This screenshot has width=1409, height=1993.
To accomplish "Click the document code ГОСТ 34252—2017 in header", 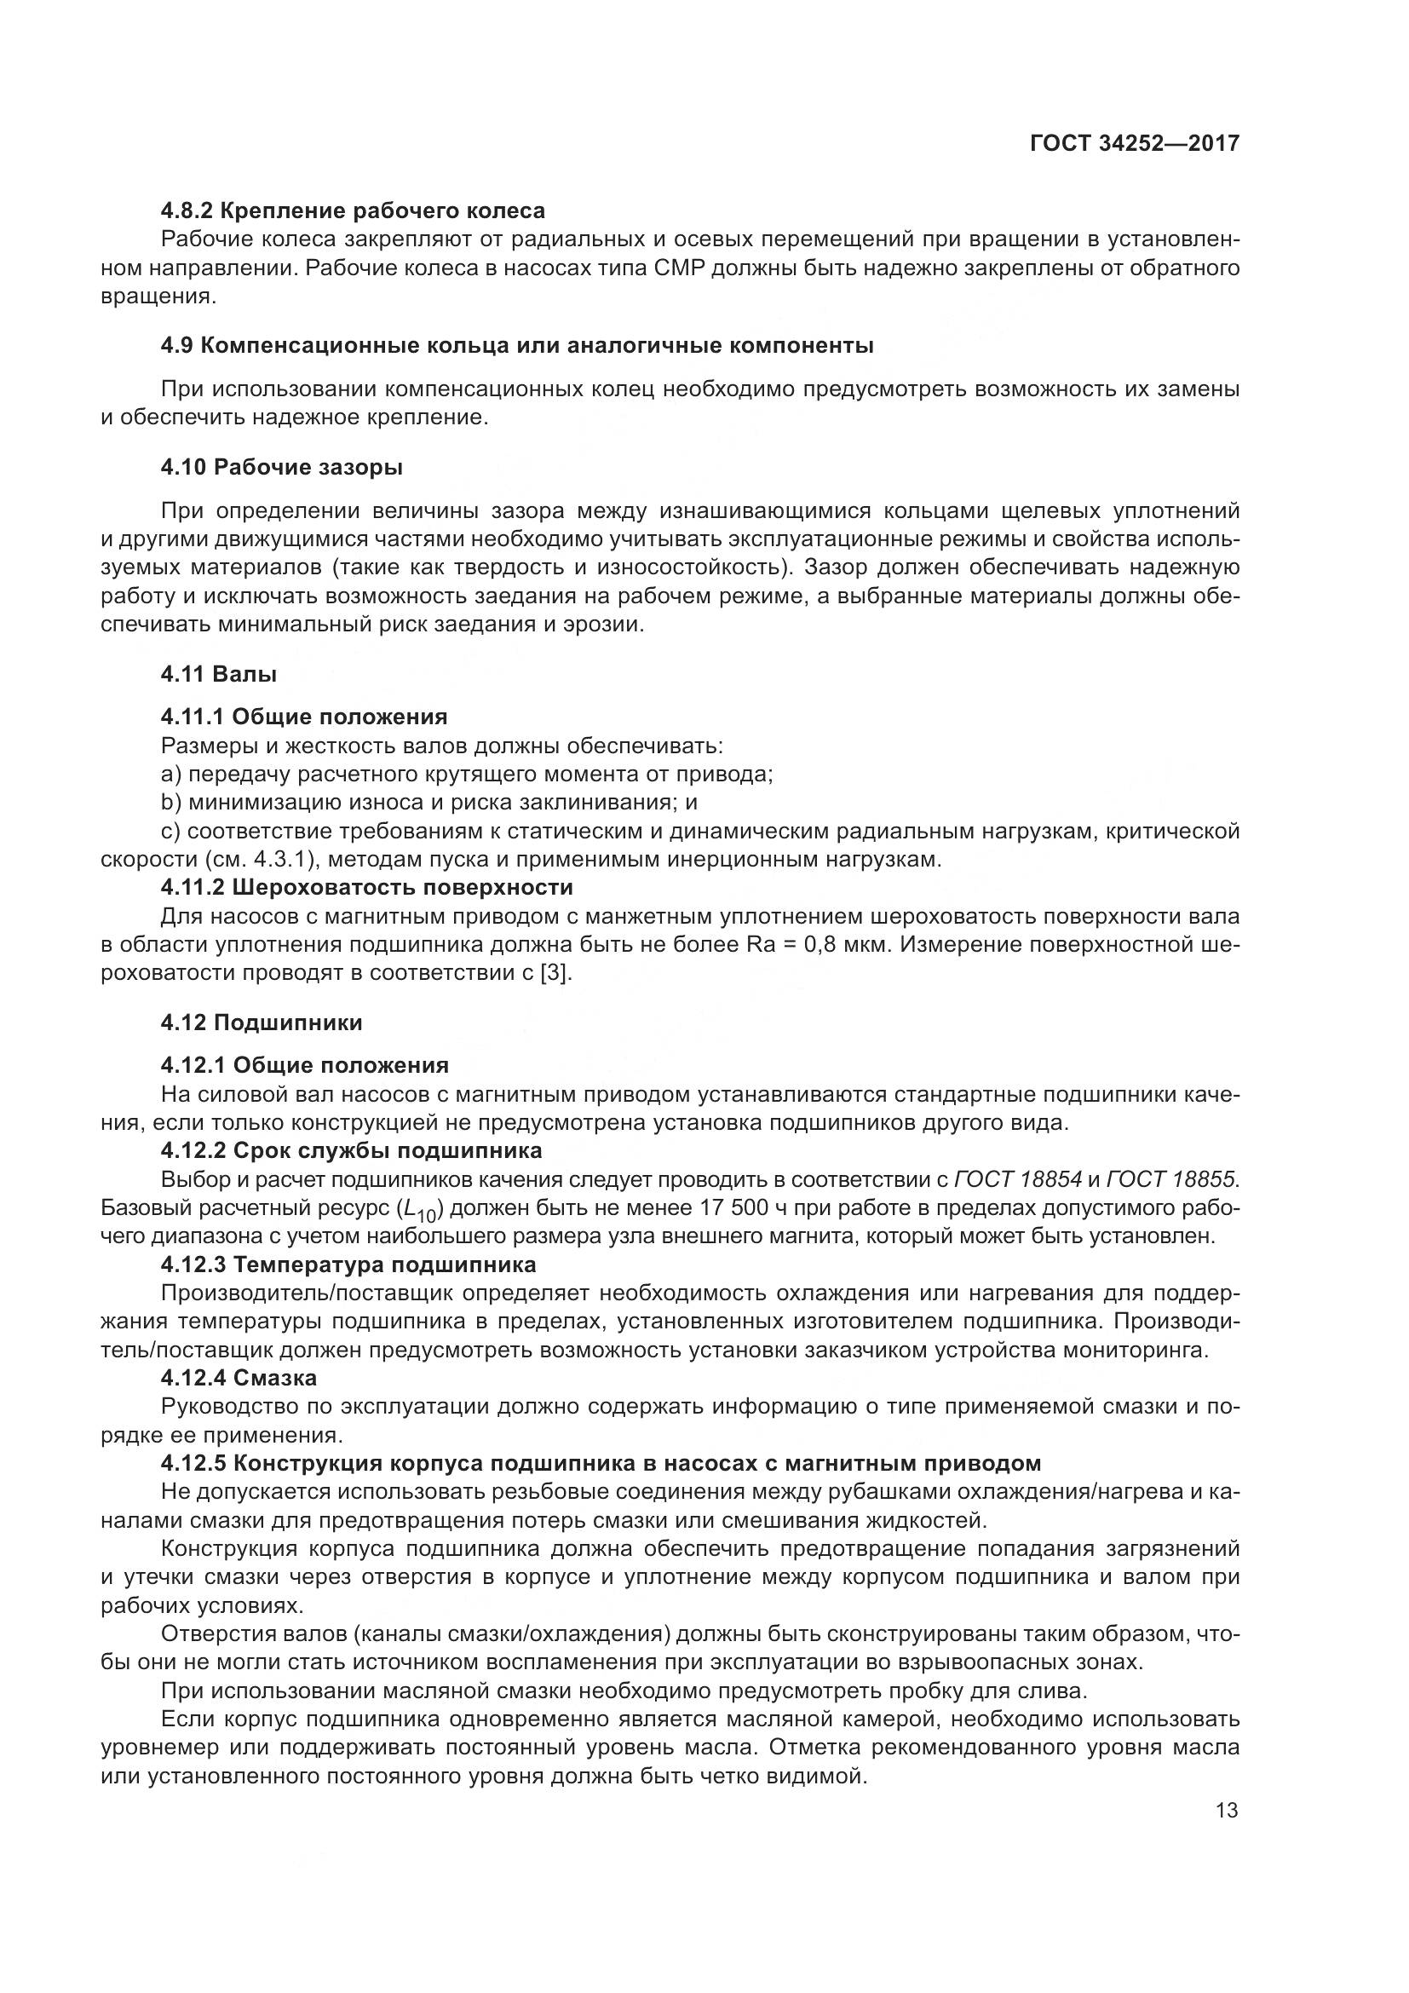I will (1134, 143).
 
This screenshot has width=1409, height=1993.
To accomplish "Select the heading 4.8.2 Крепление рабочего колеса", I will (354, 210).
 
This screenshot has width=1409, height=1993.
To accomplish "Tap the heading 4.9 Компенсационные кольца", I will (517, 345).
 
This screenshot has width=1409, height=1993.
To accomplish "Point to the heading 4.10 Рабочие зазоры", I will (282, 467).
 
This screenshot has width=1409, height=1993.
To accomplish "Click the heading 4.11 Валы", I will (219, 674).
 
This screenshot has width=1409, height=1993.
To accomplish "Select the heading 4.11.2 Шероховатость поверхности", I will (367, 887).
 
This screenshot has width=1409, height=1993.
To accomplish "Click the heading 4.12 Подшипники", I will (262, 1022).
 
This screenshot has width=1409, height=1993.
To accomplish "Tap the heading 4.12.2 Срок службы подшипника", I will (351, 1150).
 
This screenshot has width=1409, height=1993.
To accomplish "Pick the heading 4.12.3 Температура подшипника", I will (348, 1264).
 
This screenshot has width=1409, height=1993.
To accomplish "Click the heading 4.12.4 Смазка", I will (239, 1378).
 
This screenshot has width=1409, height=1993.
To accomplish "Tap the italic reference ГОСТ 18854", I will (1018, 1178).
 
